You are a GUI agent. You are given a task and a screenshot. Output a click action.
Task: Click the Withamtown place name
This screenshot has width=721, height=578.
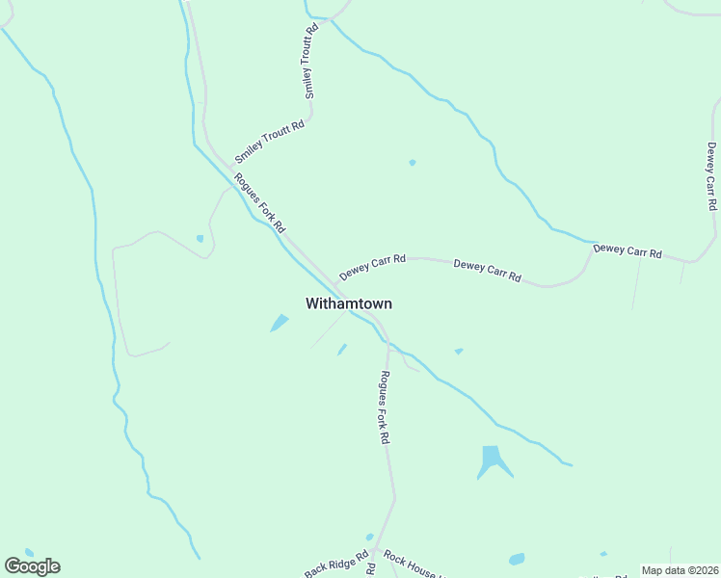tap(348, 303)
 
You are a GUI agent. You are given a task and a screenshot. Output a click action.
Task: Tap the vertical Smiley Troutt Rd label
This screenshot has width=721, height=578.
tap(310, 62)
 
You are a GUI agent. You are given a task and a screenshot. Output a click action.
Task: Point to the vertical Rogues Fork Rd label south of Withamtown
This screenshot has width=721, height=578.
tap(384, 407)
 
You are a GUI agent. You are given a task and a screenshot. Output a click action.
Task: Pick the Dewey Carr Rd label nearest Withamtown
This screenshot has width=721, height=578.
tap(372, 267)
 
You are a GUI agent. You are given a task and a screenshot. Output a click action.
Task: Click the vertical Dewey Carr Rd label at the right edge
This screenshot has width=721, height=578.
tap(711, 176)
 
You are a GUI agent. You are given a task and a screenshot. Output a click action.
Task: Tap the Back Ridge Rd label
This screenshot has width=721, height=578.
tap(336, 565)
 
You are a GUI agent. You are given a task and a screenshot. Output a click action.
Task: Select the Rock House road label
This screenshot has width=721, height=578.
tap(411, 565)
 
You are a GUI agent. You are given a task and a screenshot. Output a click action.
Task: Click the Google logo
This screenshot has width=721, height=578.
tap(33, 566)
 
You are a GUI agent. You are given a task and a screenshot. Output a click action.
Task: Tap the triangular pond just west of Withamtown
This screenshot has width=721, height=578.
tap(280, 323)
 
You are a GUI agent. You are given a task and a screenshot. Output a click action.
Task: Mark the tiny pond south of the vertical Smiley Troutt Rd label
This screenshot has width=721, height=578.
tap(412, 162)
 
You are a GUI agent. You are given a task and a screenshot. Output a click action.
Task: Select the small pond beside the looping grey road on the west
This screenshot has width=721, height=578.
tap(200, 238)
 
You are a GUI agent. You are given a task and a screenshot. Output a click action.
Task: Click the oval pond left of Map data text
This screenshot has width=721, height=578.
tap(517, 559)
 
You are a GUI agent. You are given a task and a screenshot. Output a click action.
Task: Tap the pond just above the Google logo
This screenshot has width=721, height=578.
tap(28, 552)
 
